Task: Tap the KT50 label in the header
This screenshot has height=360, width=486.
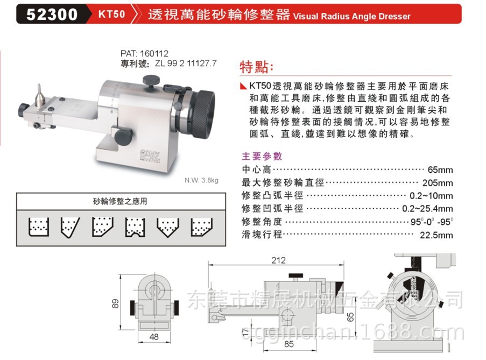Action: pyautogui.click(x=111, y=14)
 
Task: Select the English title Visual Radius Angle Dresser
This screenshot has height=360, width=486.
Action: pyautogui.click(x=351, y=16)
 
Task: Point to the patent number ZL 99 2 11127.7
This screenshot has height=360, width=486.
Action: pyautogui.click(x=186, y=62)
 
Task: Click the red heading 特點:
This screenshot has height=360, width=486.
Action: pyautogui.click(x=256, y=68)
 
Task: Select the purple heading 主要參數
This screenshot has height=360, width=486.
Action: pyautogui.click(x=262, y=157)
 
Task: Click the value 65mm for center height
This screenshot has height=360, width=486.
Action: pyautogui.click(x=440, y=170)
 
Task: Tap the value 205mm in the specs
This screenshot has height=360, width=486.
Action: pyautogui.click(x=438, y=182)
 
